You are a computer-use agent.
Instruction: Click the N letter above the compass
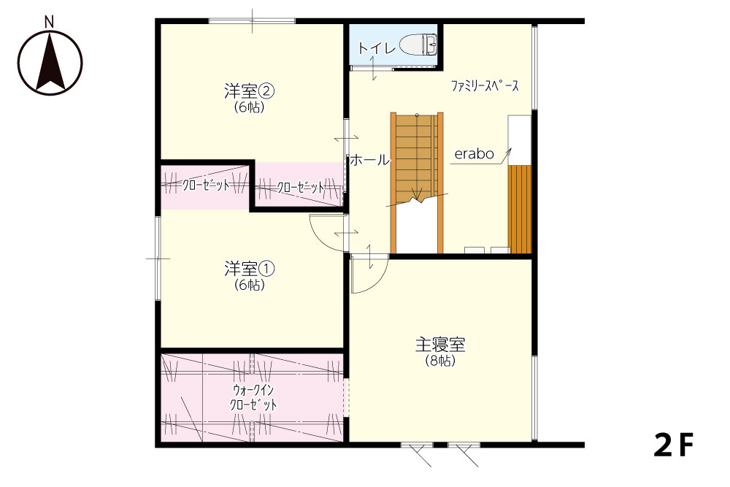point(50,21)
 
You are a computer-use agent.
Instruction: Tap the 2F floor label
point(674,445)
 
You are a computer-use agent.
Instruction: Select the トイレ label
point(377,47)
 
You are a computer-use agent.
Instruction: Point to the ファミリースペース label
point(485,85)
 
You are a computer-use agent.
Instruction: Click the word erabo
point(474,154)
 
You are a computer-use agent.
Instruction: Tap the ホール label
point(369,160)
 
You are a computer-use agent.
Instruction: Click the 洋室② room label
point(249,91)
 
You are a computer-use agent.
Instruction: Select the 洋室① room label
point(249,269)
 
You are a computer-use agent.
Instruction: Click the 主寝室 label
point(440,345)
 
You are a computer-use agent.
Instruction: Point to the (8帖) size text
point(440,361)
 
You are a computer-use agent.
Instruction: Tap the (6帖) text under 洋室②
point(250,107)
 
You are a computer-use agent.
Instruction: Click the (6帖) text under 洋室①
point(250,285)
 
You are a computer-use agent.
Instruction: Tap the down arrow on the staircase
point(417,193)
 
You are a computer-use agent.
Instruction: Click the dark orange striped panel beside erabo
point(520,209)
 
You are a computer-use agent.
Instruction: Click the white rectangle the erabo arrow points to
point(520,140)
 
